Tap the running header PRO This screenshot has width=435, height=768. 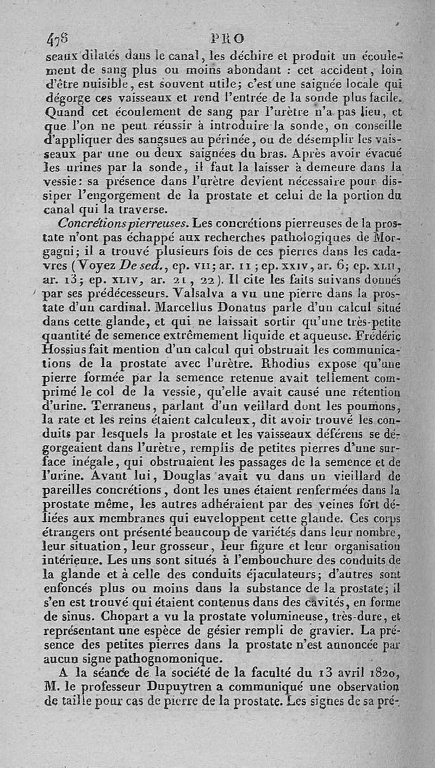click(231, 39)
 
